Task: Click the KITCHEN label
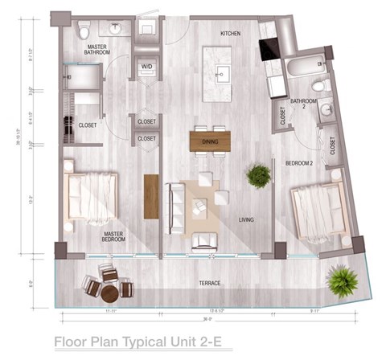point(232,33)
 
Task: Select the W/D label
point(147,67)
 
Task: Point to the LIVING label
point(248,219)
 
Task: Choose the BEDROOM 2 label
point(298,163)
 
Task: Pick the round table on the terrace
point(106,283)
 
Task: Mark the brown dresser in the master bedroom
point(150,196)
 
